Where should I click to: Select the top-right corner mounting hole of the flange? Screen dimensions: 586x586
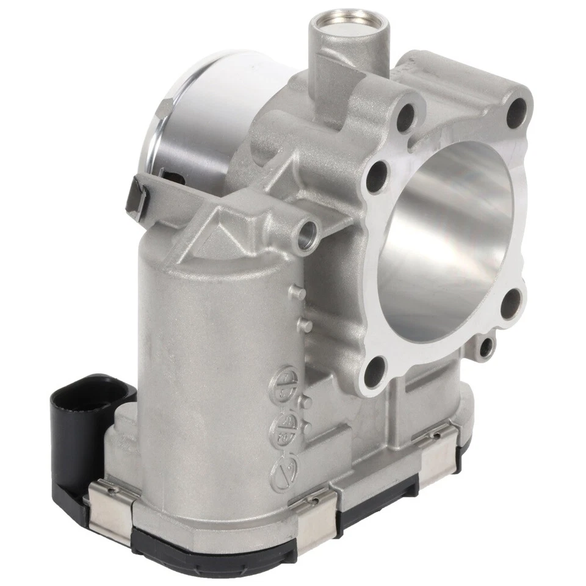click(x=516, y=110)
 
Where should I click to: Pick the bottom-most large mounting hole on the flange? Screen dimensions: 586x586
click(x=376, y=369)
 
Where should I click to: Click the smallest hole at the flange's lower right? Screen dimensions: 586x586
click(x=486, y=349)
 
